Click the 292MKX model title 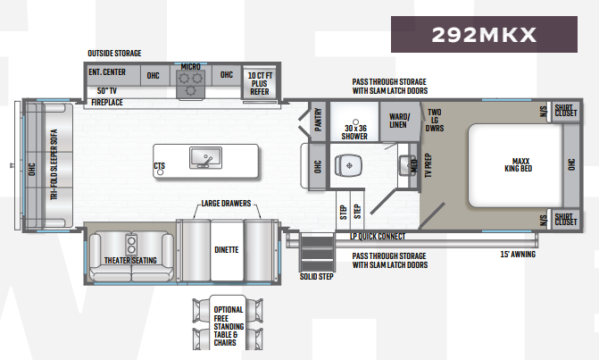click(483, 35)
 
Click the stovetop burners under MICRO click(189, 83)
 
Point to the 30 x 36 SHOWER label click(355, 132)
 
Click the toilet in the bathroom click(348, 165)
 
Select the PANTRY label click(318, 119)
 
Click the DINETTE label click(226, 249)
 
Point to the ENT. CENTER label click(107, 72)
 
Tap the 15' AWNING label click(517, 254)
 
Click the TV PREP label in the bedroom click(428, 164)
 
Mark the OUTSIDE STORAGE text click(114, 54)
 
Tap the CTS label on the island click(159, 165)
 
